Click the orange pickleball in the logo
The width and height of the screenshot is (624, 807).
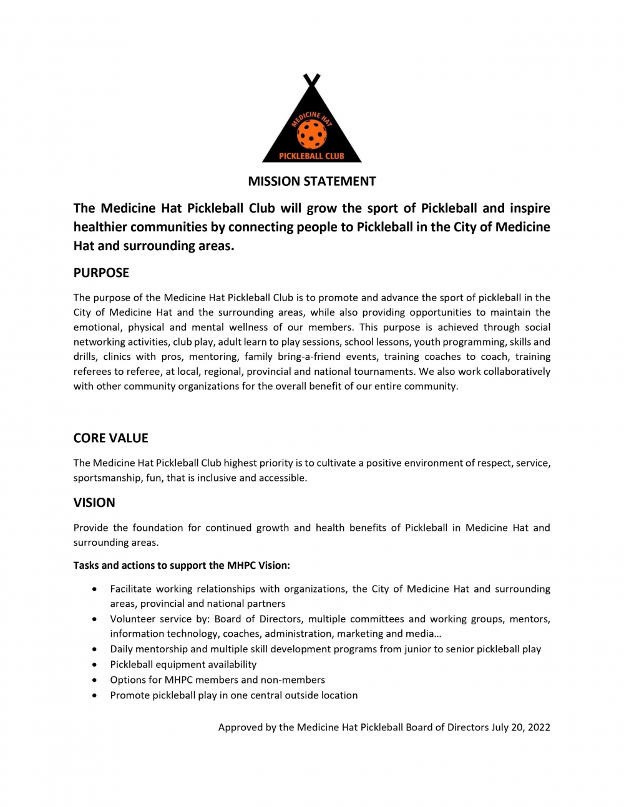311,133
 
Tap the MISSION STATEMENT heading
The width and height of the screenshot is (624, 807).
312,181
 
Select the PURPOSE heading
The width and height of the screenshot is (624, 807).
101,273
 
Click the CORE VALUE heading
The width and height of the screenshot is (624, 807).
110,438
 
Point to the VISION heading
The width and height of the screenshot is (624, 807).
94,503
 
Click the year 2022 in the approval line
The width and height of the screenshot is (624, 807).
539,727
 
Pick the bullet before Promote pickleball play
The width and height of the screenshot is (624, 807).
94,696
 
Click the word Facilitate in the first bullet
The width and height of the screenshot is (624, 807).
130,589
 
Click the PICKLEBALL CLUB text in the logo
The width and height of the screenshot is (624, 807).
311,156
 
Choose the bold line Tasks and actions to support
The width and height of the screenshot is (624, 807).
182,566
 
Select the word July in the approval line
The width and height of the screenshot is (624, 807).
500,727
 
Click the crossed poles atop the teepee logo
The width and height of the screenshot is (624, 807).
311,80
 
